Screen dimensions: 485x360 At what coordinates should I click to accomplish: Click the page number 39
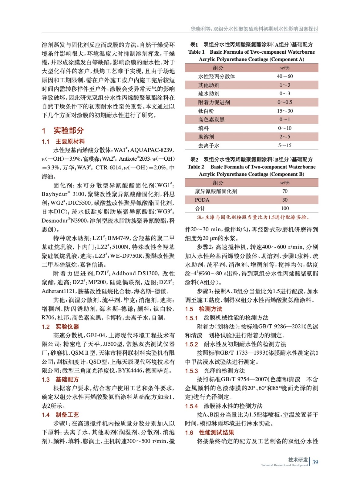click(x=315, y=462)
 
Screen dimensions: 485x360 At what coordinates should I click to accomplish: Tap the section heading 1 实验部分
click(x=63, y=131)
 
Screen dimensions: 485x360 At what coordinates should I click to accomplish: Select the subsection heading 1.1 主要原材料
click(x=63, y=142)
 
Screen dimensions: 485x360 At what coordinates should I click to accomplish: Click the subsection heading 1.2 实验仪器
click(x=60, y=327)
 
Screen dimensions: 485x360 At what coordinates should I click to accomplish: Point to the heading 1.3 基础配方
click(x=60, y=380)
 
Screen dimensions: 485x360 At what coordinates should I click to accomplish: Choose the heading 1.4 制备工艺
click(x=60, y=415)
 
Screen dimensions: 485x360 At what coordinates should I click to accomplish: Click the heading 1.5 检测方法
click(x=204, y=309)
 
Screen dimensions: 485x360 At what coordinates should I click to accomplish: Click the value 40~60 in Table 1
click(x=285, y=76)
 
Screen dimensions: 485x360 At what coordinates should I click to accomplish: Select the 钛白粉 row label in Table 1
click(x=206, y=111)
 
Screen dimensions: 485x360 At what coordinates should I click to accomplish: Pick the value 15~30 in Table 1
click(x=285, y=111)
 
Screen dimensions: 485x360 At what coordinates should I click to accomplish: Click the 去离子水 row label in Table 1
click(x=209, y=146)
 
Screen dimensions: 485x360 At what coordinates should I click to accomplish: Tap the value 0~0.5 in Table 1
click(x=285, y=102)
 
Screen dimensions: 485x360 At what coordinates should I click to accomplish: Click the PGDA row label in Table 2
click(x=202, y=200)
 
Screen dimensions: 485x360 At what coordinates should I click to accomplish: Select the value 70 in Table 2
click(x=285, y=191)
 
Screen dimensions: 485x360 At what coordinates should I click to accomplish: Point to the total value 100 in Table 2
click(x=285, y=209)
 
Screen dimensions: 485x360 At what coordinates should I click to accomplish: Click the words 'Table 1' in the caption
click(x=196, y=52)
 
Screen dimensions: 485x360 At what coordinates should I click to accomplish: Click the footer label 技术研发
click(x=298, y=460)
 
